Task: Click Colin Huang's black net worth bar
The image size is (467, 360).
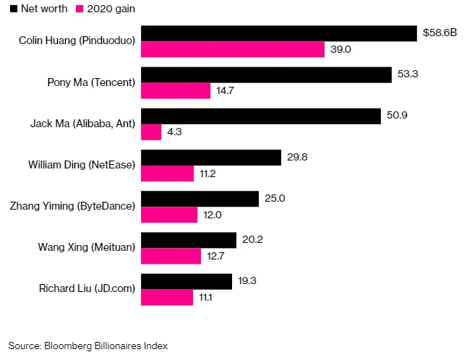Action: click(x=278, y=33)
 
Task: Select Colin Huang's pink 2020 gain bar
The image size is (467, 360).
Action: click(x=232, y=49)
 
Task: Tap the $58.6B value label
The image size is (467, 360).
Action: click(x=440, y=33)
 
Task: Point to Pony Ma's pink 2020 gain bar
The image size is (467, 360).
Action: click(x=175, y=90)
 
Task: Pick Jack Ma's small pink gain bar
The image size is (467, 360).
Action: click(x=150, y=132)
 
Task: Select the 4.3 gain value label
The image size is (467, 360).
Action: click(x=176, y=132)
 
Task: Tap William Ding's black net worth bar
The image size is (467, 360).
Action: click(x=210, y=158)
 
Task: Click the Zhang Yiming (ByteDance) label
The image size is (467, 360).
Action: click(x=72, y=206)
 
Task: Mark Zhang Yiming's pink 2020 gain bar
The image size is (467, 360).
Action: click(x=168, y=215)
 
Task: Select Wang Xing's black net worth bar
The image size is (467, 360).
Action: click(x=188, y=240)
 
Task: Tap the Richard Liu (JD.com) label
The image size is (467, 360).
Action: click(x=87, y=289)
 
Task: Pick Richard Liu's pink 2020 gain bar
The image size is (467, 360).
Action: click(x=166, y=298)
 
